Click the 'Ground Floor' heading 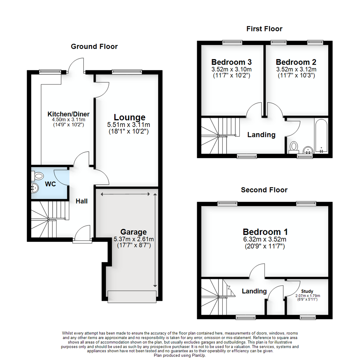(x=94, y=46)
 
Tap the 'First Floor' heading (x=264, y=29)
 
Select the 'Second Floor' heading (x=264, y=190)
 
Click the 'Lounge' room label (x=130, y=117)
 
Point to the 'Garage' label (x=134, y=232)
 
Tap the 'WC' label (x=51, y=184)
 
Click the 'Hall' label (x=82, y=201)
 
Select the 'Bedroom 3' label (x=231, y=62)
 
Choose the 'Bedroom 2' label (x=296, y=62)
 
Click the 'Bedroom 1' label (x=265, y=232)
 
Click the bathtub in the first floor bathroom (x=321, y=135)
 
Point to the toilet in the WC (x=39, y=175)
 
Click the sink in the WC (x=34, y=189)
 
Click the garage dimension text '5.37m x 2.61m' (x=134, y=239)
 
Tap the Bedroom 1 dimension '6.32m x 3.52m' (x=265, y=239)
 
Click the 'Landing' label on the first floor (x=261, y=135)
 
